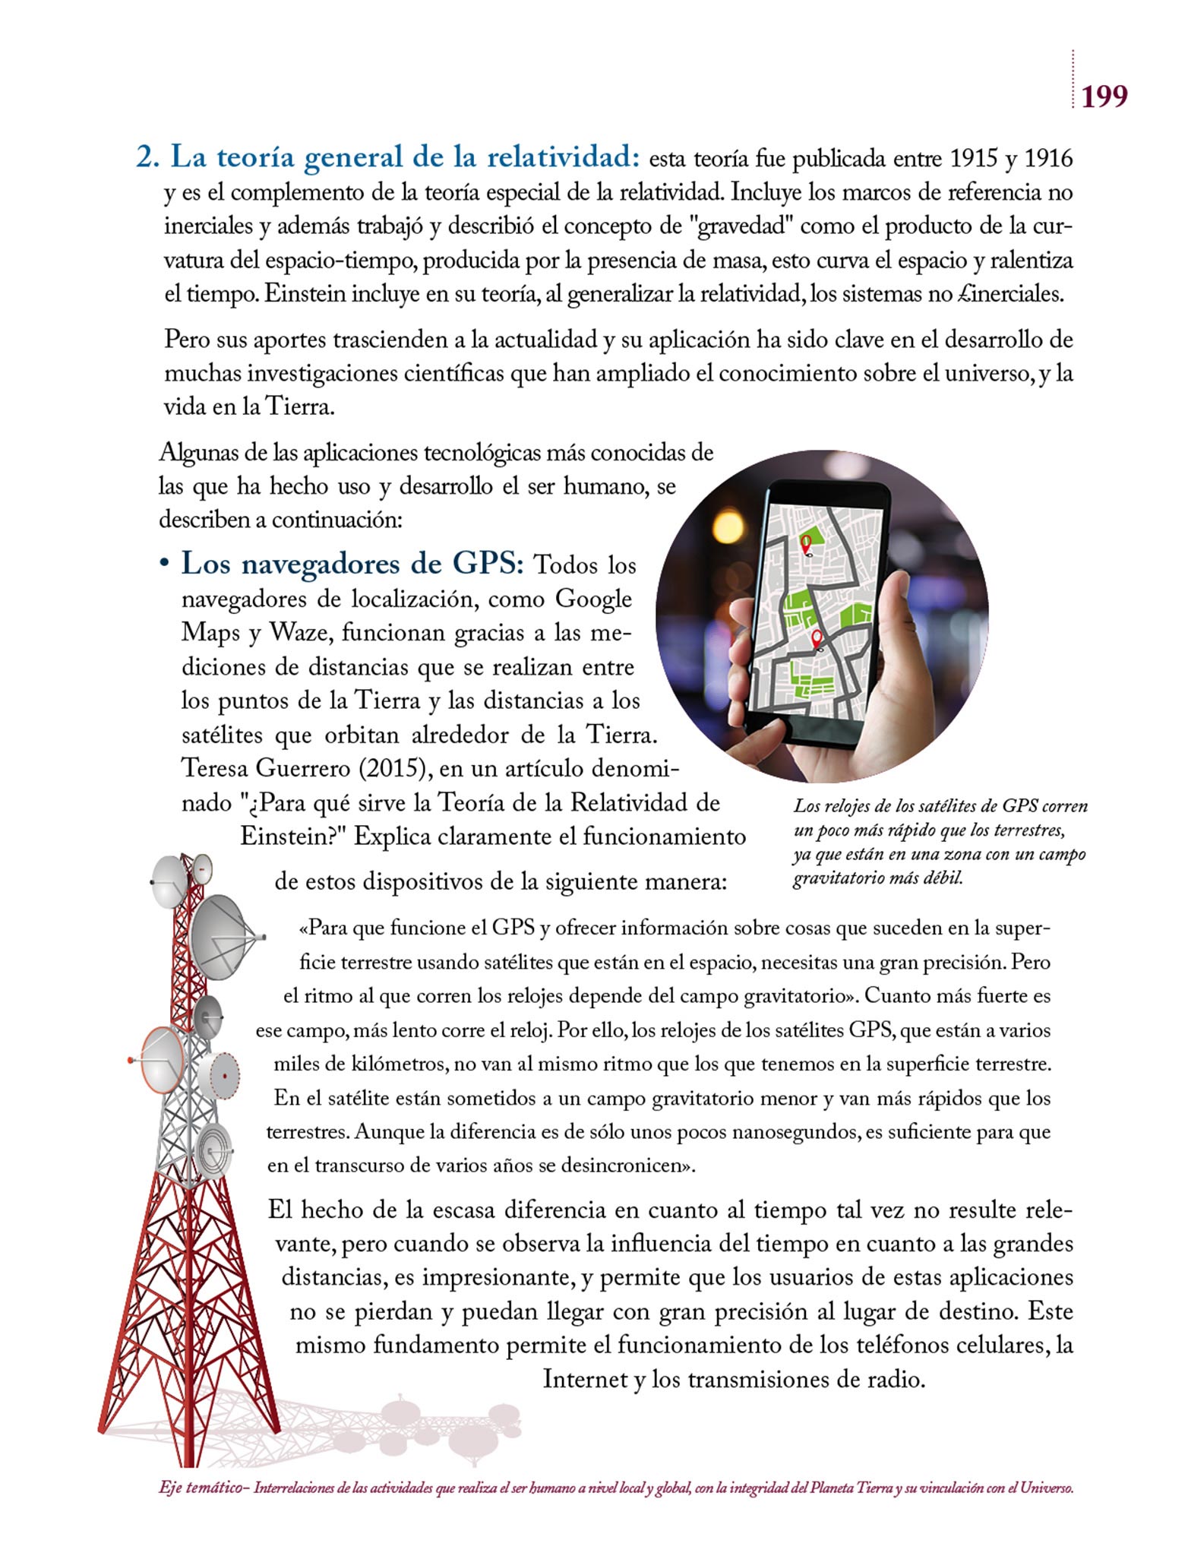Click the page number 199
pyautogui.click(x=1104, y=96)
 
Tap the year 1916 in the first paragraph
pyautogui.click(x=1048, y=159)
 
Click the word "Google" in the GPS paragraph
pyautogui.click(x=594, y=599)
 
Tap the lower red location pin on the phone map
pyautogui.click(x=817, y=638)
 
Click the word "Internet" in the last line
pyautogui.click(x=585, y=1379)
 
